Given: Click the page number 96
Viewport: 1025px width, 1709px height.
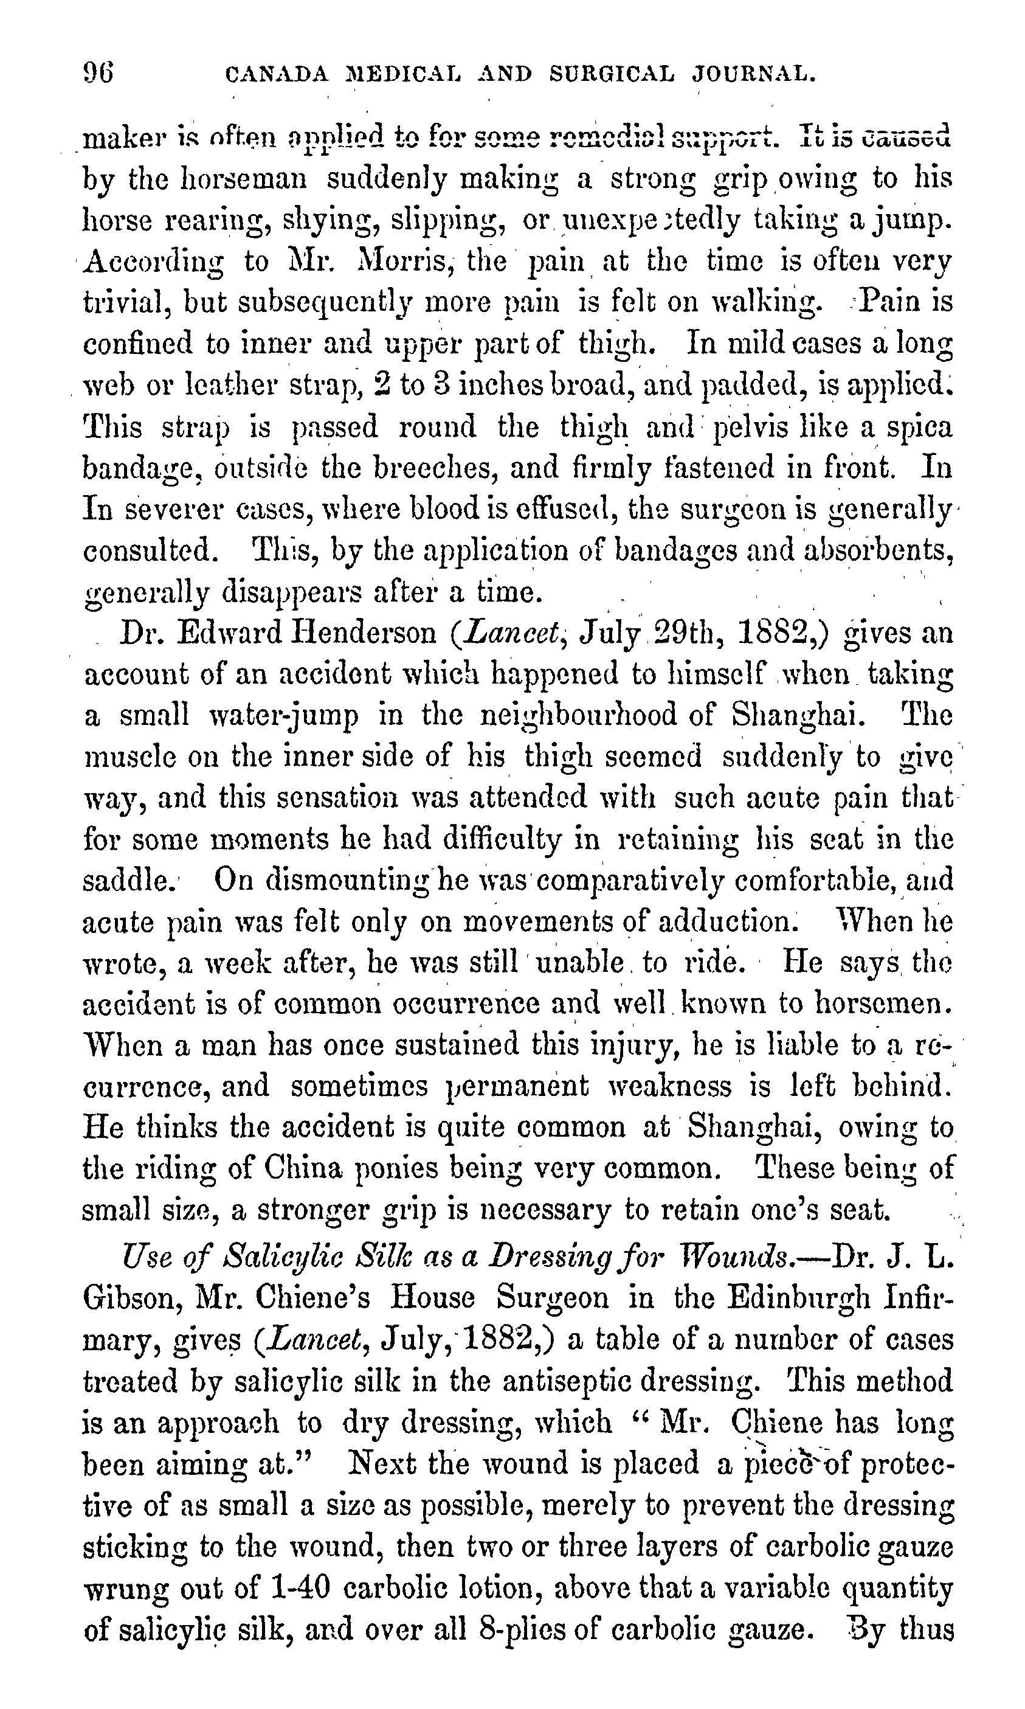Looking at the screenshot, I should click(98, 71).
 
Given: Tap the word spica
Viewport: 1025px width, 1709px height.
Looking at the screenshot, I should click(920, 427).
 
